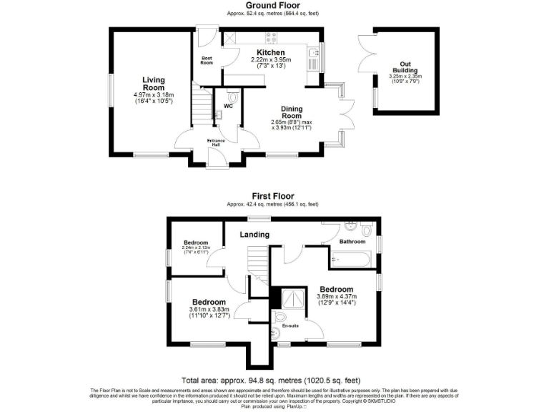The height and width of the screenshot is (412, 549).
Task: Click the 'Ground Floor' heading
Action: [x=273, y=5]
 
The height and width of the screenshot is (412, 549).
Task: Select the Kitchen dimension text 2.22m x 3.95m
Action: [x=268, y=60]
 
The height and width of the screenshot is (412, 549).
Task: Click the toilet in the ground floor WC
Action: [x=232, y=97]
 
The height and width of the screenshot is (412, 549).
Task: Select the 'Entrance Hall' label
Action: [x=216, y=143]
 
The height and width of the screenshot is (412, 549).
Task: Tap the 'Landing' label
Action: [x=254, y=235]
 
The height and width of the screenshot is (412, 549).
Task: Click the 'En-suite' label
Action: [x=290, y=326]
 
